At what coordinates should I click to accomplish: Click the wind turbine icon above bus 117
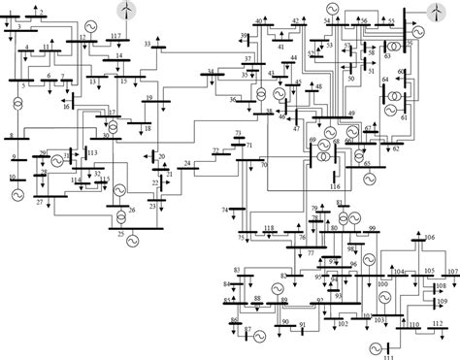pos(125,10)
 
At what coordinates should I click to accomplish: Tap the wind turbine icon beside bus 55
pos(433,12)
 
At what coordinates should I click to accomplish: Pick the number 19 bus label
pos(148,98)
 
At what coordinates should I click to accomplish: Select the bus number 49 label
pos(351,115)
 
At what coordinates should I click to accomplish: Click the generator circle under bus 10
pos(16,195)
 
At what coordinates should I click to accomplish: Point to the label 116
pos(335,184)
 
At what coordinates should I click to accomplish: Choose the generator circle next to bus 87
pos(262,332)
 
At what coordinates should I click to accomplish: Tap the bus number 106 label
pos(430,238)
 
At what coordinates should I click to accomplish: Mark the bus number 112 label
pos(438,323)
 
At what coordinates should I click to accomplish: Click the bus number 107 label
pos(452,271)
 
